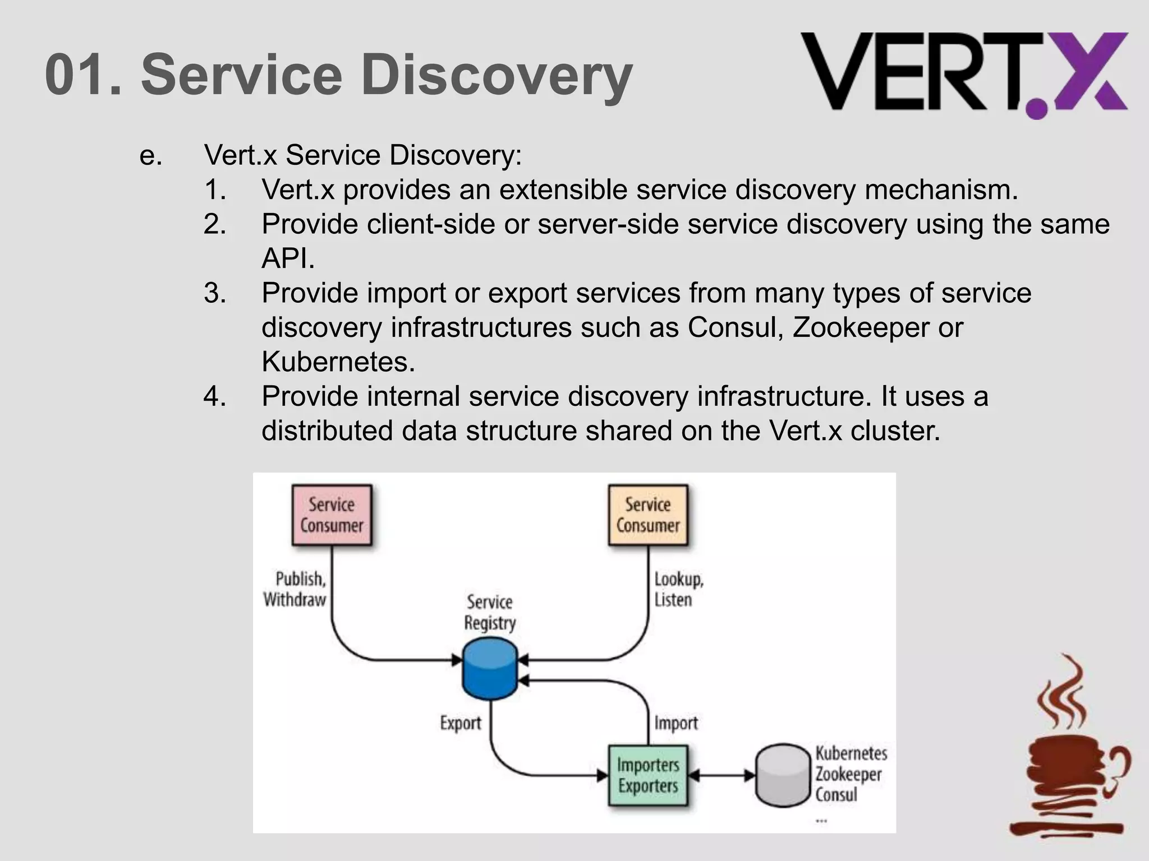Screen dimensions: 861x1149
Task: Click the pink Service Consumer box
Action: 332,515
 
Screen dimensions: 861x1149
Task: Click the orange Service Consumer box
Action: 648,515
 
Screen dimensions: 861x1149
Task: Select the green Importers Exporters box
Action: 648,775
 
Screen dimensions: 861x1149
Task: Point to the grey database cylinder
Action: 783,775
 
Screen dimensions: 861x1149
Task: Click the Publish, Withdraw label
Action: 295,589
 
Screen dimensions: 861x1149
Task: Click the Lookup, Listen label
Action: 678,589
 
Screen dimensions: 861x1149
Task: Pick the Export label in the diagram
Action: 460,723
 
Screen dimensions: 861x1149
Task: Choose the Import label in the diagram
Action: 675,723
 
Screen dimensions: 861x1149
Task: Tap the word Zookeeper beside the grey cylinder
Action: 848,774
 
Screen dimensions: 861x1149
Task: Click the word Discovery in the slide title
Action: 497,75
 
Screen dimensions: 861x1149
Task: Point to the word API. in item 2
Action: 288,258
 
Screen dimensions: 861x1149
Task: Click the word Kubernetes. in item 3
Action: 338,362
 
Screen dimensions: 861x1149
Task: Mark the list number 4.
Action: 215,396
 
